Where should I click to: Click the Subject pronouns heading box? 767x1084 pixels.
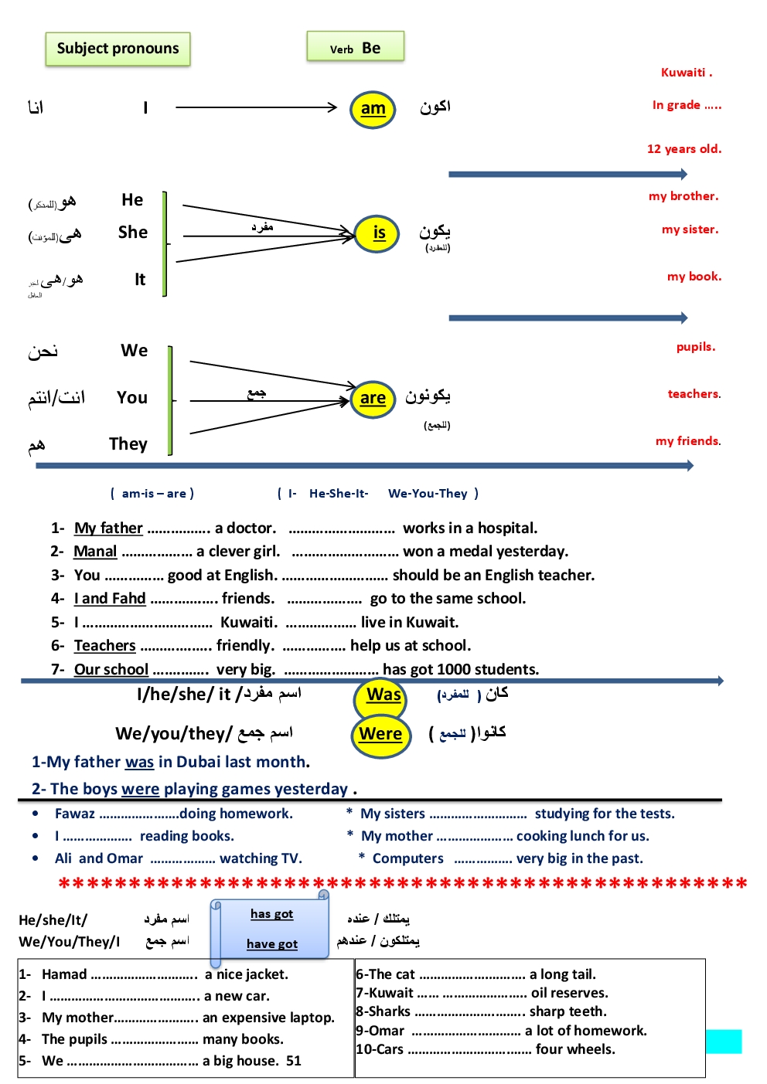pos(118,49)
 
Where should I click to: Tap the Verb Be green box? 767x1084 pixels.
pos(355,47)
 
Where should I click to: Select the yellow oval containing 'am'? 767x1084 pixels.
pos(373,109)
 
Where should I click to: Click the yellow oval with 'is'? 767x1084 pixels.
pos(377,233)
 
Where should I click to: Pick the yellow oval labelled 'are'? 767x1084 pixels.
pos(373,399)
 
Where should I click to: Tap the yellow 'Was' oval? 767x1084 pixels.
pos(383,695)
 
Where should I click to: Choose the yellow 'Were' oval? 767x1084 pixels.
pos(380,734)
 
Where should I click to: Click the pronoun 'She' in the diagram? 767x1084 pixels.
pos(132,233)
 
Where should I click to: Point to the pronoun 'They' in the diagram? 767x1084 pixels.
pos(128,444)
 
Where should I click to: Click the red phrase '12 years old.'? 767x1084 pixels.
pos(683,149)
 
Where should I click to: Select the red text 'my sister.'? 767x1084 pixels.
pos(690,229)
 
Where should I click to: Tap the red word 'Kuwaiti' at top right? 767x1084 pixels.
pos(683,73)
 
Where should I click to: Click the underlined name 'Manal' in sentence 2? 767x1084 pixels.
pos(95,552)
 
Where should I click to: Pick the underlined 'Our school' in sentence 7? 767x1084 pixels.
pos(111,670)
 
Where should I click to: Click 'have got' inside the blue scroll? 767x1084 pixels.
pos(272,944)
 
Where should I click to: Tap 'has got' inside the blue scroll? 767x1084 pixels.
pos(271,914)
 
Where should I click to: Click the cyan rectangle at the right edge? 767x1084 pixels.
pos(724,1041)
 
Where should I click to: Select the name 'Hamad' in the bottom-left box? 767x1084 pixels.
pos(64,974)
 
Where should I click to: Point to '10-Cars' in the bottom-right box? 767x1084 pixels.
pos(380,1049)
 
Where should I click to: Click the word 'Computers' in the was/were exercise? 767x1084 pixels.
pos(407,858)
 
